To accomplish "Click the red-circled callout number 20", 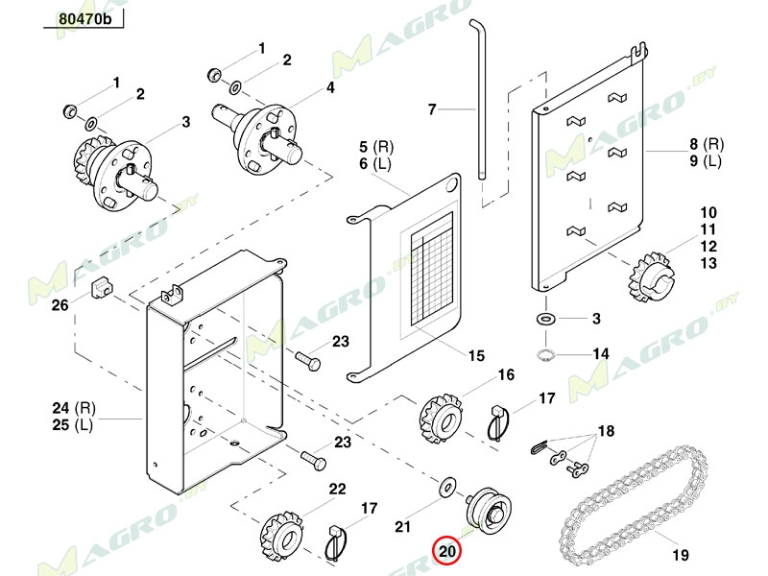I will tap(447, 551).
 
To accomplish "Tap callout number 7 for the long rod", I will tap(432, 110).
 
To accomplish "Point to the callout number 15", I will tap(476, 356).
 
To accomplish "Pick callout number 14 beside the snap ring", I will tap(600, 354).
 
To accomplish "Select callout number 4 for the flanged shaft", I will tap(330, 87).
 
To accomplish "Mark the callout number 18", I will tap(605, 431).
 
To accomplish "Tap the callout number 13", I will tap(708, 263).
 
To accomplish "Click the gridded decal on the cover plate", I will tap(431, 278).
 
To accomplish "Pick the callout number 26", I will tap(60, 306).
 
